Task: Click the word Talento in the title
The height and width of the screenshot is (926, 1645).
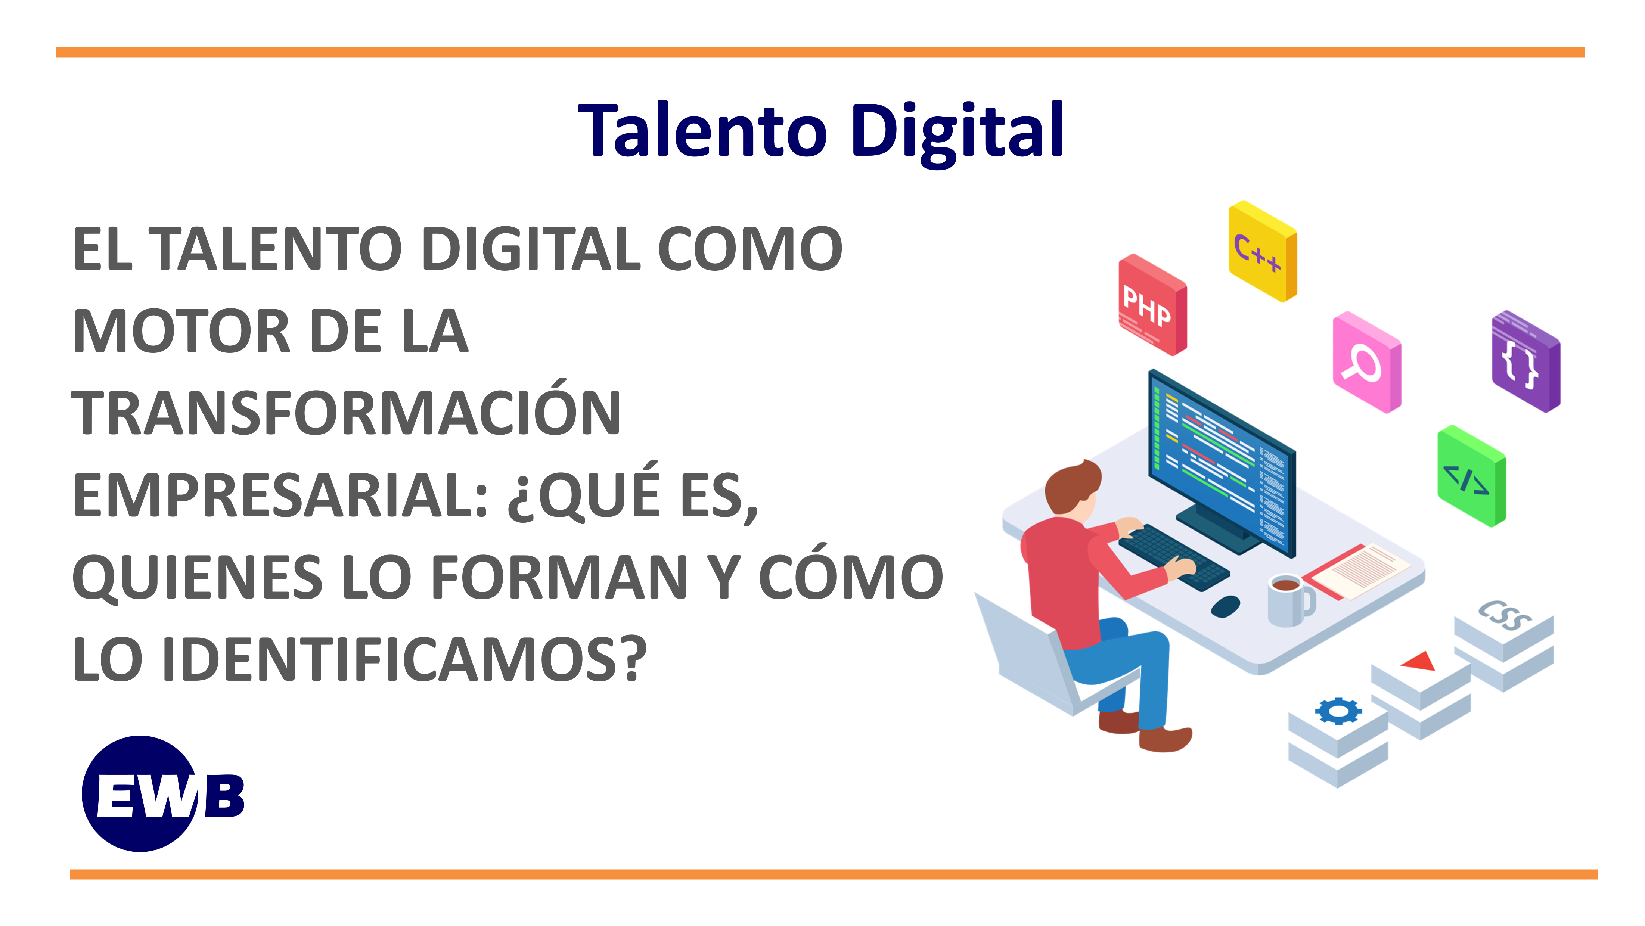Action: click(702, 131)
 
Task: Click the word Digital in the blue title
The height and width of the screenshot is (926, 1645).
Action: click(958, 131)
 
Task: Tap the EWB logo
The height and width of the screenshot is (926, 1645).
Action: click(160, 794)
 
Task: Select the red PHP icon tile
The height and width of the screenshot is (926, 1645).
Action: click(1151, 305)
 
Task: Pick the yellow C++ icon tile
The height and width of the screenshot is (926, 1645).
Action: click(1261, 250)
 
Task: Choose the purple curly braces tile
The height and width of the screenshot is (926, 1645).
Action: click(1525, 362)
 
